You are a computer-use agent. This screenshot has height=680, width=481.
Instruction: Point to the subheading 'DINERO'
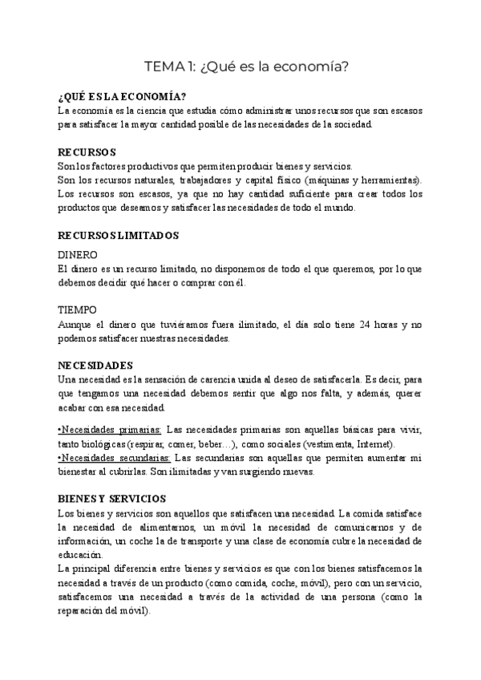pyautogui.click(x=79, y=254)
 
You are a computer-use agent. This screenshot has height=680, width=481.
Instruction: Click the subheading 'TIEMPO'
pyautogui.click(x=78, y=309)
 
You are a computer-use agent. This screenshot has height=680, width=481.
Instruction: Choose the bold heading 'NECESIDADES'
pyautogui.click(x=95, y=364)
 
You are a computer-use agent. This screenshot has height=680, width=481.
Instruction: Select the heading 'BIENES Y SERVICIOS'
pyautogui.click(x=112, y=498)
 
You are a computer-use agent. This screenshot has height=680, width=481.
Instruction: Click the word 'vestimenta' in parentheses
pyautogui.click(x=327, y=444)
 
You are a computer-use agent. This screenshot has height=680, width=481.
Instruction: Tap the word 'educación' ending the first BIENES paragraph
pyautogui.click(x=80, y=554)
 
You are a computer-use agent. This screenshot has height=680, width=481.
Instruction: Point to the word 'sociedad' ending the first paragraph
pyautogui.click(x=352, y=125)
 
